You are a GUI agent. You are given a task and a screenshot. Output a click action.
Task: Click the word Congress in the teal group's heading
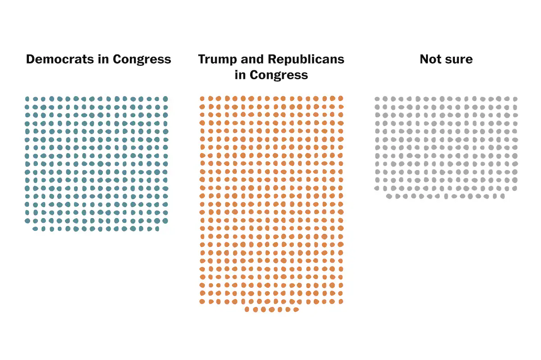[142, 59]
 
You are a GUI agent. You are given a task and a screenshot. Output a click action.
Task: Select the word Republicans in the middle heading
[306, 59]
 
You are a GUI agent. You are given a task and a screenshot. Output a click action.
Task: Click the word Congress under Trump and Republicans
[279, 75]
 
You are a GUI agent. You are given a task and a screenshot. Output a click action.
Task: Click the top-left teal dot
[27, 99]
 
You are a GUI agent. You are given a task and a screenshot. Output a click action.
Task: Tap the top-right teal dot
[165, 99]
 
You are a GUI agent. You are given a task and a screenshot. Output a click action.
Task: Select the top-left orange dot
[202, 98]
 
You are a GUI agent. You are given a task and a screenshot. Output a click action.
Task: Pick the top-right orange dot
[341, 98]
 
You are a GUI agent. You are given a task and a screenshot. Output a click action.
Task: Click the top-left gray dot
[377, 99]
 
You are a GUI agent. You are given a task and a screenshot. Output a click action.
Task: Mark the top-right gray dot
[515, 99]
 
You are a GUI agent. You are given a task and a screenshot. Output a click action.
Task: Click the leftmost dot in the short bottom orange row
[247, 310]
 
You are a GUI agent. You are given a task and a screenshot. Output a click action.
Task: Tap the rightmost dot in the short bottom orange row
[296, 310]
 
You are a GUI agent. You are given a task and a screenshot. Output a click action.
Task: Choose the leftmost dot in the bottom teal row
[35, 229]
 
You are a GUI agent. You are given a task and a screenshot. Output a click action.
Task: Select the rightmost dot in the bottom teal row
[157, 229]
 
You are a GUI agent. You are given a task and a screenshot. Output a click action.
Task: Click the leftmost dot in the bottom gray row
[389, 196]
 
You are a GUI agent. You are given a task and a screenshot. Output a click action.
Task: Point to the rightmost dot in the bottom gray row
[503, 196]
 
